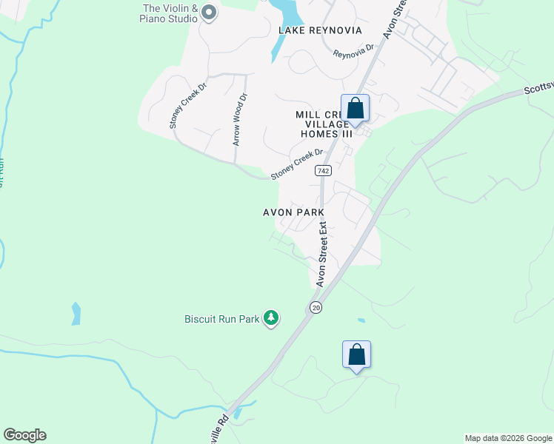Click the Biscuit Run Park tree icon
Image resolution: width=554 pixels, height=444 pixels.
pos(271,318)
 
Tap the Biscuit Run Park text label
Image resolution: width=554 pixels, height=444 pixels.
pos(222,320)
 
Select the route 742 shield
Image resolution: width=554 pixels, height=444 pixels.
pos(322,171)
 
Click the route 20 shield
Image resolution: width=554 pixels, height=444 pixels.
pos(316,307)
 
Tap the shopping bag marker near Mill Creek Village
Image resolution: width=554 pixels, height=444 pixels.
pos(356,108)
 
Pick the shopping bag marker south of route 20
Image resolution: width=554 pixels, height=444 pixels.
pos(356,354)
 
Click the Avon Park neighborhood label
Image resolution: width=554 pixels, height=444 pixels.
pos(294,212)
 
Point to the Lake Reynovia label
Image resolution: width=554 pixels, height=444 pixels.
pos(320,30)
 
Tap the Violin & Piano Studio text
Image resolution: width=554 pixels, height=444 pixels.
pos(170,13)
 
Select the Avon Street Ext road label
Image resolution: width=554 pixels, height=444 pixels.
pos(323,256)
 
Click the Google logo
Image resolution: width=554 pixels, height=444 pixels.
pos(24,435)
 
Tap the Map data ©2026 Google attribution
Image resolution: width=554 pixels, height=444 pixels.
pos(508,438)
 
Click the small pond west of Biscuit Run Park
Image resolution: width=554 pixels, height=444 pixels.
pos(76,313)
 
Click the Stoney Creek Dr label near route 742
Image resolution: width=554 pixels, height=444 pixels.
pos(297,164)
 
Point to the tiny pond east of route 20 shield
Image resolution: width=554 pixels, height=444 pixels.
pos(360,320)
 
